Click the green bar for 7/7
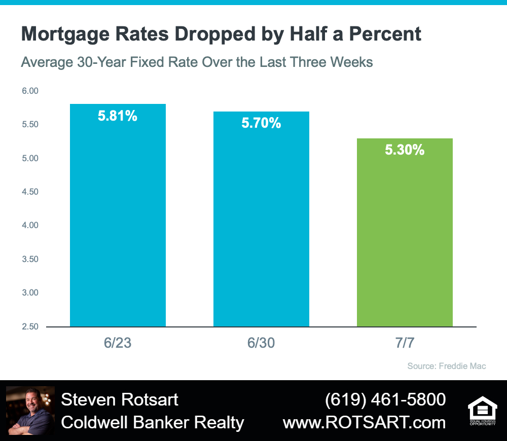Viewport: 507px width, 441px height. pos(405,233)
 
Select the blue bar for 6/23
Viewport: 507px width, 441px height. pos(118,215)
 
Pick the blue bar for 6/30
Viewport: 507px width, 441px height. pos(261,219)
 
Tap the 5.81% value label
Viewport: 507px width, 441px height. pos(118,116)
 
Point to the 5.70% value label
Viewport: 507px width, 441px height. pos(261,123)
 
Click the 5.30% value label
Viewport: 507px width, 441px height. pos(405,150)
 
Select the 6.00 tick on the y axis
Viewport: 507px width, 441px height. pos(30,91)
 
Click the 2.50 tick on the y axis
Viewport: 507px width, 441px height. pos(30,326)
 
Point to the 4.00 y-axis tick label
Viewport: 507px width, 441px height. pos(30,225)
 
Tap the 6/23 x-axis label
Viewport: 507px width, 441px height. pos(118,343)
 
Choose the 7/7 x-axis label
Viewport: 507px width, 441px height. pos(405,343)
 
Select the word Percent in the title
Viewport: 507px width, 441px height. pos(385,33)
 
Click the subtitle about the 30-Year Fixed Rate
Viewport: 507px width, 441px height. pos(197,62)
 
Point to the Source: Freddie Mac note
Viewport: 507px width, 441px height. pos(447,366)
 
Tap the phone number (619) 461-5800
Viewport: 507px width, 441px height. pos(385,399)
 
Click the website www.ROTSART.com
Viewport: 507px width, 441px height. pos(365,423)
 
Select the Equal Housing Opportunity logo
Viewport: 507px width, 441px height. pos(483,411)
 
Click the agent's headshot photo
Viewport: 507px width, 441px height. pos(30,411)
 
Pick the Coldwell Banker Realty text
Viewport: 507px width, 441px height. pos(153,423)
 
